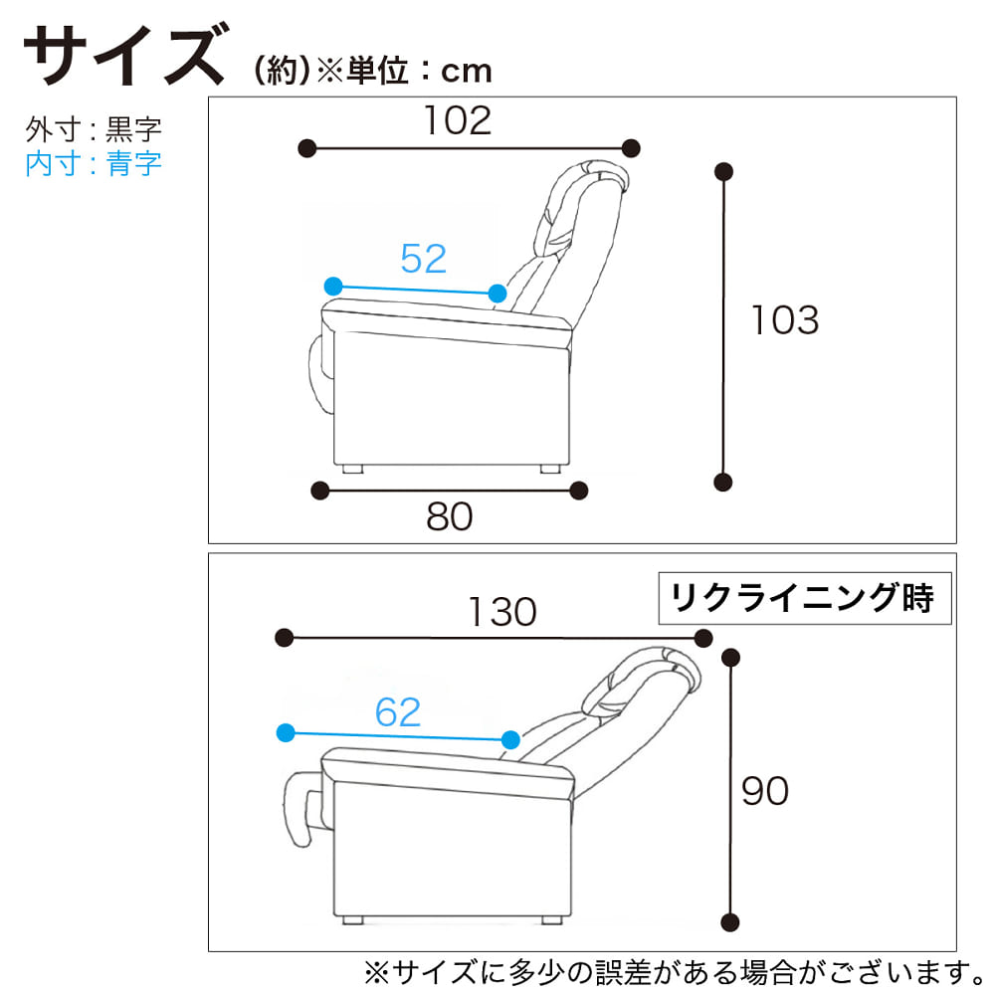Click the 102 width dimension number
[458, 120]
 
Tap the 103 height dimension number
[785, 319]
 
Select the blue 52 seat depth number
[424, 259]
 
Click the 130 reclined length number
[502, 612]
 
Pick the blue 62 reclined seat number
[398, 712]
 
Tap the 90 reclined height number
[765, 791]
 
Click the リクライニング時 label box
[805, 598]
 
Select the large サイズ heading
[125, 55]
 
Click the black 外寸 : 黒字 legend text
[94, 129]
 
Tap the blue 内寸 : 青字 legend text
[94, 163]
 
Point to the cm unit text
[467, 72]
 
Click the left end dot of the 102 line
[307, 149]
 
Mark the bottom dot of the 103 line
[723, 483]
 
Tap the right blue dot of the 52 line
[497, 294]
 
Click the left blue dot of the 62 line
[287, 733]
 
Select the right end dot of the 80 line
[579, 491]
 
